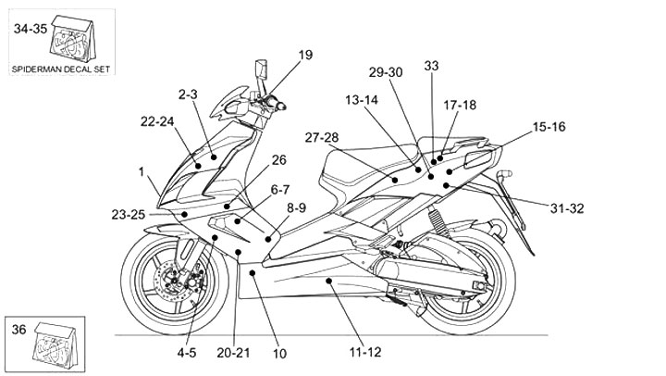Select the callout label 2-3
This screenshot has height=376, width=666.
click(x=190, y=94)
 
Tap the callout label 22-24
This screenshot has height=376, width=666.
click(x=157, y=121)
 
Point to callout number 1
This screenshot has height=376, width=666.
click(x=142, y=171)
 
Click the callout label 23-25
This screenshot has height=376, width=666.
click(x=128, y=214)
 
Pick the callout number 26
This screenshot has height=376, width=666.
click(x=253, y=160)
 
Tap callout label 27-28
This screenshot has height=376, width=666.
click(x=321, y=138)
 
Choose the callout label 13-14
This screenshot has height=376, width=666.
click(x=363, y=99)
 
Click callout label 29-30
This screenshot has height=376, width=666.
click(x=386, y=72)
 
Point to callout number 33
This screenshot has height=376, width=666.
click(x=432, y=66)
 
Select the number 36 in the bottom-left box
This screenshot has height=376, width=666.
click(x=18, y=328)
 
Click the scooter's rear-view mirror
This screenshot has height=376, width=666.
click(x=260, y=72)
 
